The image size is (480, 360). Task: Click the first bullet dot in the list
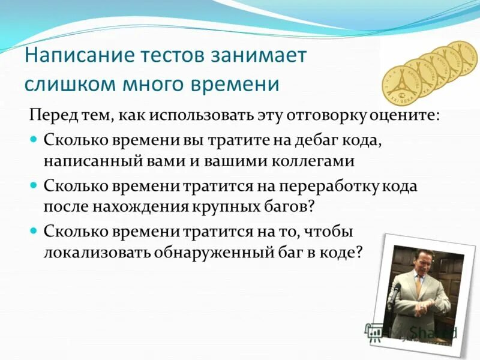click(x=34, y=139)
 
